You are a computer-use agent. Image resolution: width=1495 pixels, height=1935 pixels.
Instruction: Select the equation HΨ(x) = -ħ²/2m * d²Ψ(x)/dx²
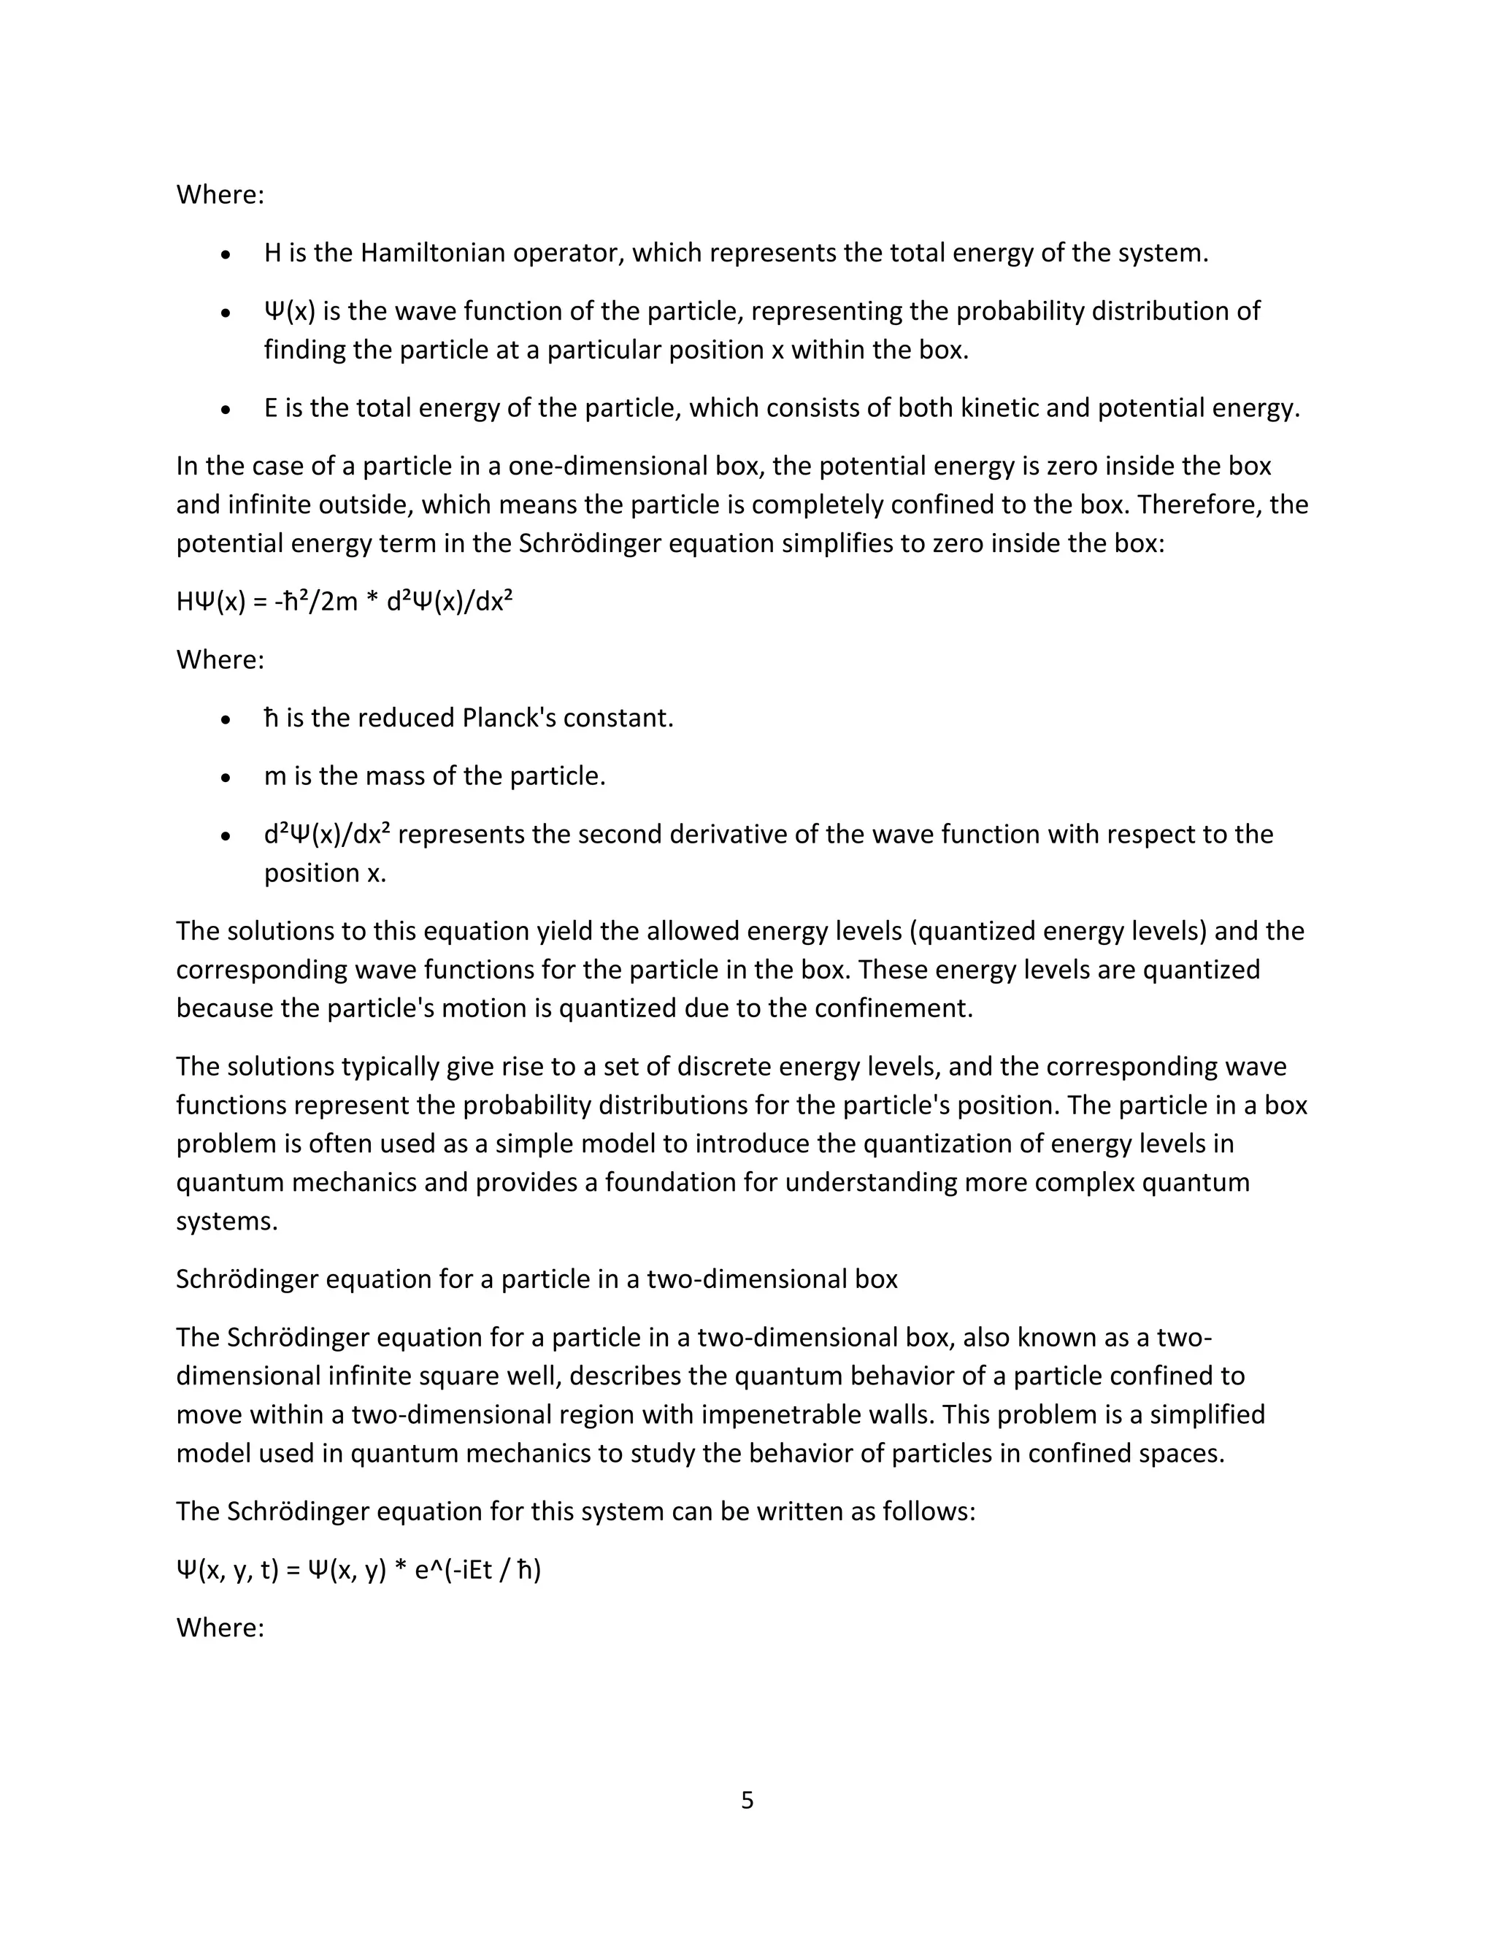point(345,602)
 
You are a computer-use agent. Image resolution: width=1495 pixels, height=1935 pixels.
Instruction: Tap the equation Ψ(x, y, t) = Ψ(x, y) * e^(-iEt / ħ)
point(358,1570)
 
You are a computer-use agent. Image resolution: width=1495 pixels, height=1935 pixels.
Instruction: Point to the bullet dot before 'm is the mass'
point(227,778)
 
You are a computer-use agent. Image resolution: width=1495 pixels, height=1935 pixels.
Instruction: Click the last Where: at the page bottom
point(220,1628)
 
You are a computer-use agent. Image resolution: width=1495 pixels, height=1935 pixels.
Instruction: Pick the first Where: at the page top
point(220,195)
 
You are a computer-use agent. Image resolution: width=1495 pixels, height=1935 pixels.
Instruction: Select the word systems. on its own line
point(227,1222)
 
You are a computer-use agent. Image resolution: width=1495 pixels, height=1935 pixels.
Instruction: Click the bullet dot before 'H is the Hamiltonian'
point(227,255)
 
